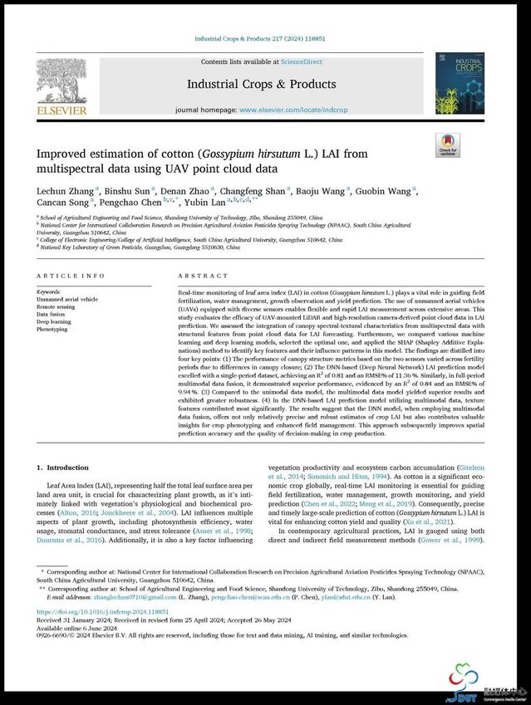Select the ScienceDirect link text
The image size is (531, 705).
pyautogui.click(x=305, y=61)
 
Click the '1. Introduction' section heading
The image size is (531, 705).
pyautogui.click(x=63, y=468)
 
